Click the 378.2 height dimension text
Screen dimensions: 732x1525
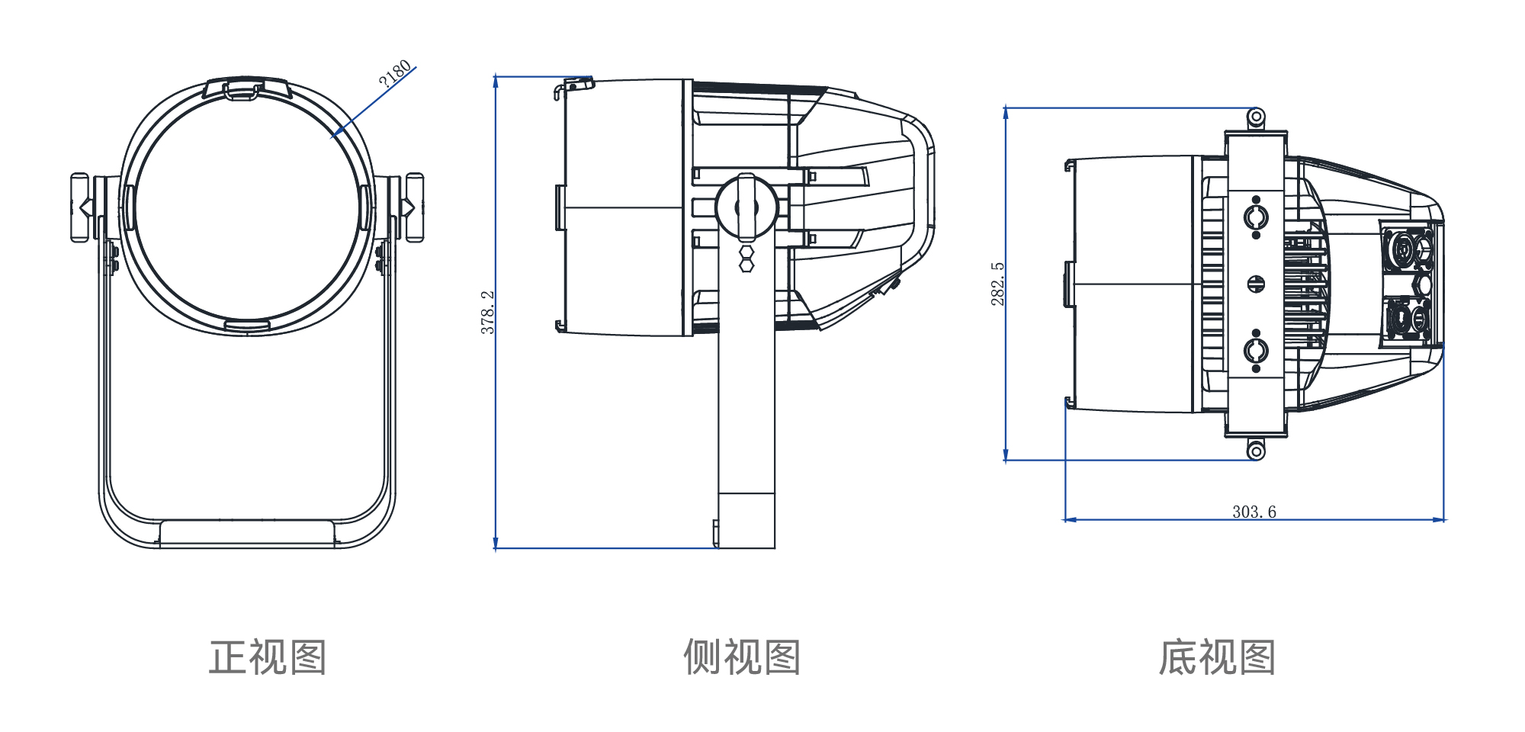[x=488, y=312]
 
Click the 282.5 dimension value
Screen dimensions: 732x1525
[x=997, y=284]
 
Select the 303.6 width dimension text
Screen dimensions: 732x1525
[x=1254, y=512]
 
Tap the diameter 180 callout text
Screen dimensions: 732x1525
[x=395, y=72]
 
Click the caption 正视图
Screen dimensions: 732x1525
[x=268, y=657]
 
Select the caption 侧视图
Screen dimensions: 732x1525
[x=742, y=657]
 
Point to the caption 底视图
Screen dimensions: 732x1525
[x=1217, y=657]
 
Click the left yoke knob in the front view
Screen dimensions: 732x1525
[x=80, y=207]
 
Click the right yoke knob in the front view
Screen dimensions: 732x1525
[x=414, y=207]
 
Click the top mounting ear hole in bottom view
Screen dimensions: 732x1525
[x=1256, y=117]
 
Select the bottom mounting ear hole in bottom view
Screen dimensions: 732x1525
[x=1256, y=451]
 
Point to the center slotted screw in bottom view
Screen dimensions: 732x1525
[x=1256, y=284]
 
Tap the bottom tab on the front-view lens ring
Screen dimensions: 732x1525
[x=246, y=326]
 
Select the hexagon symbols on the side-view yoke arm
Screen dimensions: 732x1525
[x=746, y=258]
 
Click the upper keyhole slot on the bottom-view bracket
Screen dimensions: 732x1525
[x=1256, y=218]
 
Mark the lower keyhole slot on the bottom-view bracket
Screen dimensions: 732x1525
[x=1256, y=351]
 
